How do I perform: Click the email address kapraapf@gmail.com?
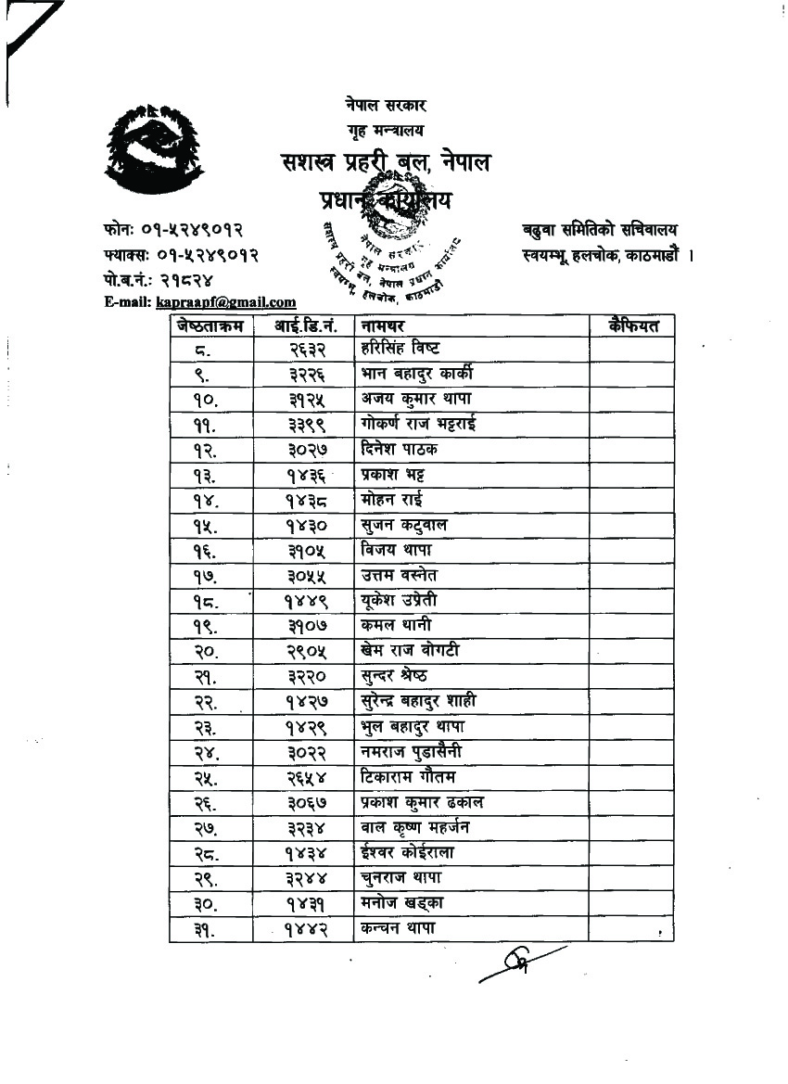pos(226,301)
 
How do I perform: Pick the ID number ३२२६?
pos(303,374)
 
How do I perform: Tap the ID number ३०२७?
pos(303,449)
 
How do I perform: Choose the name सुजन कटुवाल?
pos(403,525)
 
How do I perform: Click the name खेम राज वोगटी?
pos(410,651)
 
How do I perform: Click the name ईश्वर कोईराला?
pos(407,852)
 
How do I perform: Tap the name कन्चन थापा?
pos(398,927)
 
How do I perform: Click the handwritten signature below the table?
pos(521,964)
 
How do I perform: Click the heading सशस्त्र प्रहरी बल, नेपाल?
pos(386,163)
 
